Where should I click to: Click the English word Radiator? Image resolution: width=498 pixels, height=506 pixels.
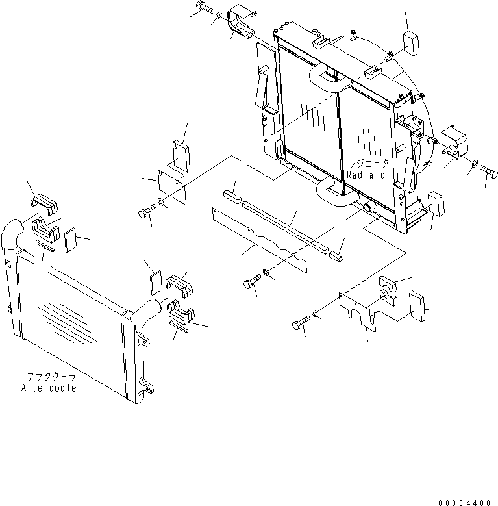[368, 175]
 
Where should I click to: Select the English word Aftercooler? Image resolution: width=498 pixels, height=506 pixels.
[51, 388]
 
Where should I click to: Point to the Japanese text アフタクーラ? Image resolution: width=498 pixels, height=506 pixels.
[51, 377]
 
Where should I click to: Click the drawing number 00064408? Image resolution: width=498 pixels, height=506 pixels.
[466, 502]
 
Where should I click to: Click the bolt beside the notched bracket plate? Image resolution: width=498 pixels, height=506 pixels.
[300, 323]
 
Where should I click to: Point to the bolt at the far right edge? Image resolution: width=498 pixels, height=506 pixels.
[488, 171]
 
